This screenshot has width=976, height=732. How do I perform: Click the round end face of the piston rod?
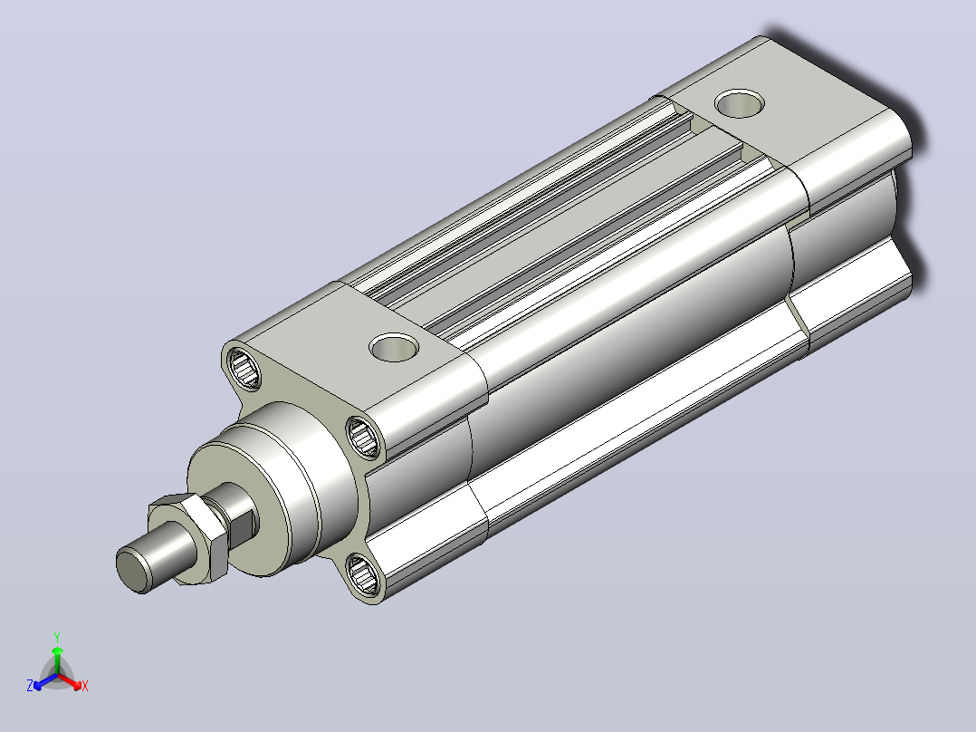pos(134,570)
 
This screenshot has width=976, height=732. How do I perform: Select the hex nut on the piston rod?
pos(187,539)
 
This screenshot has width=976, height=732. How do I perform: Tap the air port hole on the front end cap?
pos(393,347)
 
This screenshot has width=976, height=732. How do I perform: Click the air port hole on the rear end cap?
pos(740,103)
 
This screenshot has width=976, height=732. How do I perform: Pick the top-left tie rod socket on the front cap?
pos(244,368)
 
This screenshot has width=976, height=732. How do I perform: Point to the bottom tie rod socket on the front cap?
pos(364,575)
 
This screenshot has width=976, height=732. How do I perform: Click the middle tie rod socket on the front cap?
pos(364,437)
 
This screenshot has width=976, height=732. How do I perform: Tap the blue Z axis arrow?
pos(45,681)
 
